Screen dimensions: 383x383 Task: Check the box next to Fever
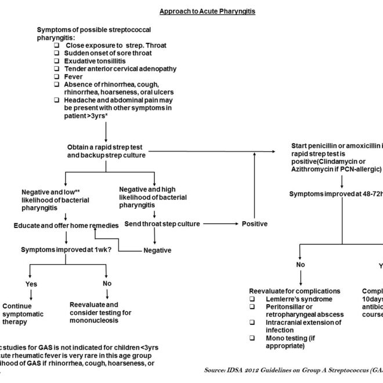[x=57, y=77]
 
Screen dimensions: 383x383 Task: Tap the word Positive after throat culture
[x=255, y=223]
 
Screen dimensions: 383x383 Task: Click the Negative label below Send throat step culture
[x=158, y=250]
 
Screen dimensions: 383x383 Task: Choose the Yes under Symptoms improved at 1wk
[x=31, y=284]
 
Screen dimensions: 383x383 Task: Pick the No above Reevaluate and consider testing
[x=107, y=284]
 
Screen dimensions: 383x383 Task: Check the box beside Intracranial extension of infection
[x=252, y=321]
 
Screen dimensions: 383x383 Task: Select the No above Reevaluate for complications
[x=300, y=265]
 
